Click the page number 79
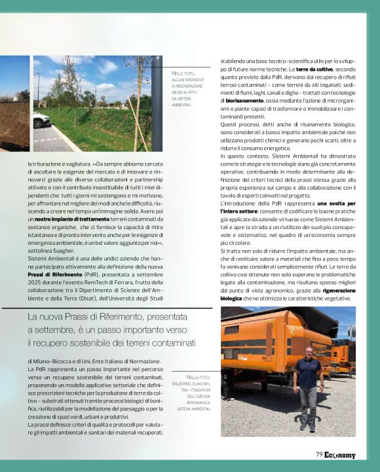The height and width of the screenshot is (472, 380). point(319,455)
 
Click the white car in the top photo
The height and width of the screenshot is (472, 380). point(41,119)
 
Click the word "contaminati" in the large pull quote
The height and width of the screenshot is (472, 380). point(171,342)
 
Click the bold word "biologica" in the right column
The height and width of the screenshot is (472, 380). point(231,297)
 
